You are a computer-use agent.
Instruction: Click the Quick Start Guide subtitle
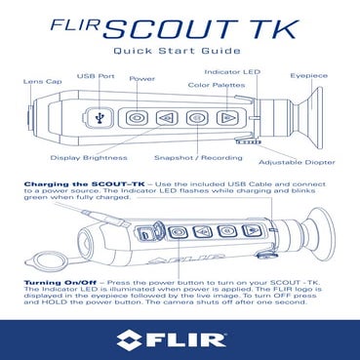point(179,51)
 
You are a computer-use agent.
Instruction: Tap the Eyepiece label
point(310,75)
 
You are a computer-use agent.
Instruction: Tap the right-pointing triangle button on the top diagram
point(227,117)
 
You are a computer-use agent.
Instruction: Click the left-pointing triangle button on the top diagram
point(167,117)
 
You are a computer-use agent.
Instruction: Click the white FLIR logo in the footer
point(180,340)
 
